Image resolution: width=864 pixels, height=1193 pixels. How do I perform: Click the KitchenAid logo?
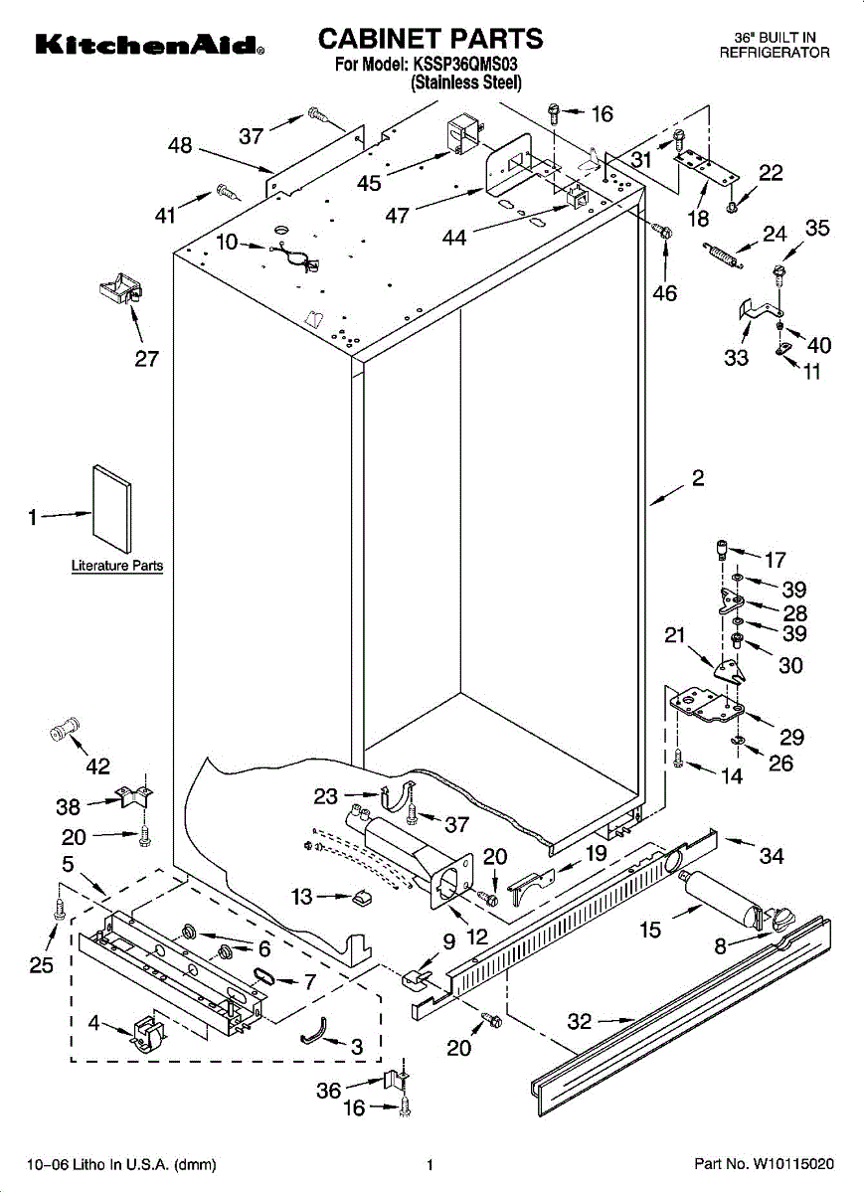point(150,46)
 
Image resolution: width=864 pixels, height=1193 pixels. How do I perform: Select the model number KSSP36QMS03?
point(463,65)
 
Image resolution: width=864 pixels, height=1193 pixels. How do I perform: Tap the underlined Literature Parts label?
point(117,565)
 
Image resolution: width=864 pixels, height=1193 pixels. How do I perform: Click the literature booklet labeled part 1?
point(112,509)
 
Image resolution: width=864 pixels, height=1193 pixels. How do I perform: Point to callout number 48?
point(180,145)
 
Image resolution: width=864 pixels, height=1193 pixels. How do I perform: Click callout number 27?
point(146,359)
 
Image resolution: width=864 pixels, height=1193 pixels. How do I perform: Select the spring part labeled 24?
point(721,255)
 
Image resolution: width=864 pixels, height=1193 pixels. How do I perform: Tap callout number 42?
point(98,766)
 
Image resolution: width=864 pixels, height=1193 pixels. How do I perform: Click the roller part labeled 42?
point(66,728)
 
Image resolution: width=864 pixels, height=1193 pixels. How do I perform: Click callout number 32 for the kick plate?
point(580,1021)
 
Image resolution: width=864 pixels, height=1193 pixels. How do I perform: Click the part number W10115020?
point(794,1164)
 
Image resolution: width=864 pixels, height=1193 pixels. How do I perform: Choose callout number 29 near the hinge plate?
point(791,737)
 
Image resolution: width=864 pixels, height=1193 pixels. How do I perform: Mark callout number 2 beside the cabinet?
point(698,478)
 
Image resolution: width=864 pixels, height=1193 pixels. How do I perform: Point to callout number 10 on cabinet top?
point(227,242)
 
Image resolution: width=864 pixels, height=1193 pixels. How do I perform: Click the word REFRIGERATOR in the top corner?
point(775,52)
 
